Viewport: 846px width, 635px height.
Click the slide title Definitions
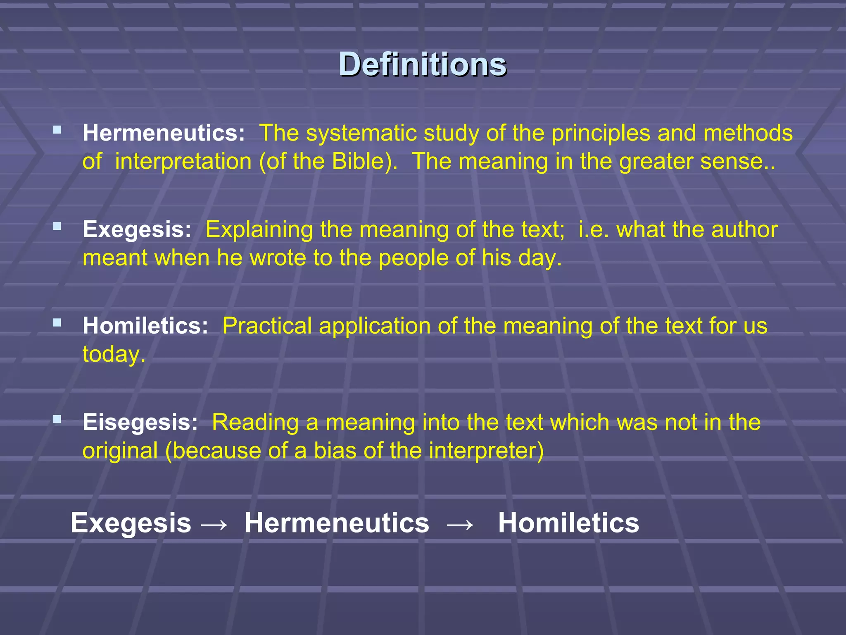click(x=422, y=64)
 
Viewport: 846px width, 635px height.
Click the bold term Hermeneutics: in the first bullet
click(x=164, y=133)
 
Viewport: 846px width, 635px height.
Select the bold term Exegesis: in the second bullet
click(x=137, y=229)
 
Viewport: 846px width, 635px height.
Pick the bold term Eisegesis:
click(x=140, y=423)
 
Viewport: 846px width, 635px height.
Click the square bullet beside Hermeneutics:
click(x=57, y=130)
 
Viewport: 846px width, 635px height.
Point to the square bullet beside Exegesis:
click(x=57, y=226)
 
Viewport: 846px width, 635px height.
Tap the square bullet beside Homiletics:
click(x=57, y=322)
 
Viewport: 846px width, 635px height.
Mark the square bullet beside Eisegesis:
click(x=57, y=419)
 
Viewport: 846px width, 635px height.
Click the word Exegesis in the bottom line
click(x=131, y=523)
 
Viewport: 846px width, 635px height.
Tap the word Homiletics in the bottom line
click(x=568, y=523)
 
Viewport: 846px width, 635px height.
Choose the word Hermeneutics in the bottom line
click(x=337, y=523)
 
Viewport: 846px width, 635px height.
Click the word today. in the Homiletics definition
click(x=114, y=354)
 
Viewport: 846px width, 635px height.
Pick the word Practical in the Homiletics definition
click(x=267, y=326)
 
